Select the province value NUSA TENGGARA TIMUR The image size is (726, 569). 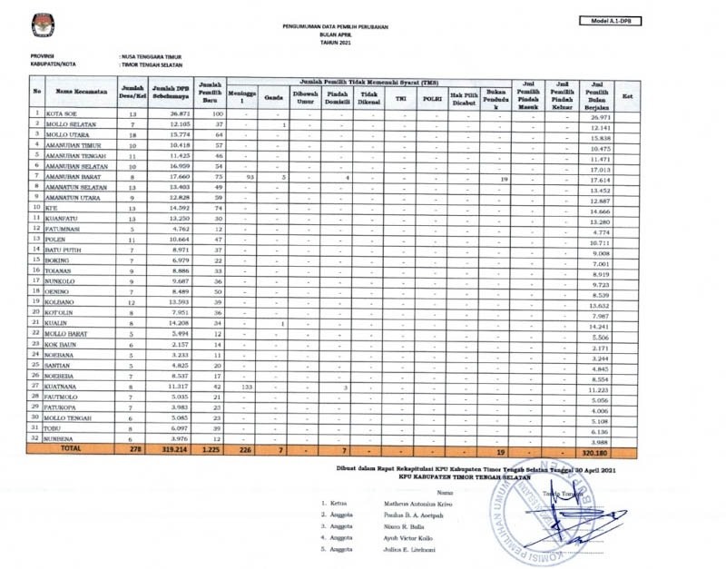coord(155,56)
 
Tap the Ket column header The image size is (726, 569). coord(626,94)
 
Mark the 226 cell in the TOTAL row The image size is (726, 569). coord(240,449)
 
